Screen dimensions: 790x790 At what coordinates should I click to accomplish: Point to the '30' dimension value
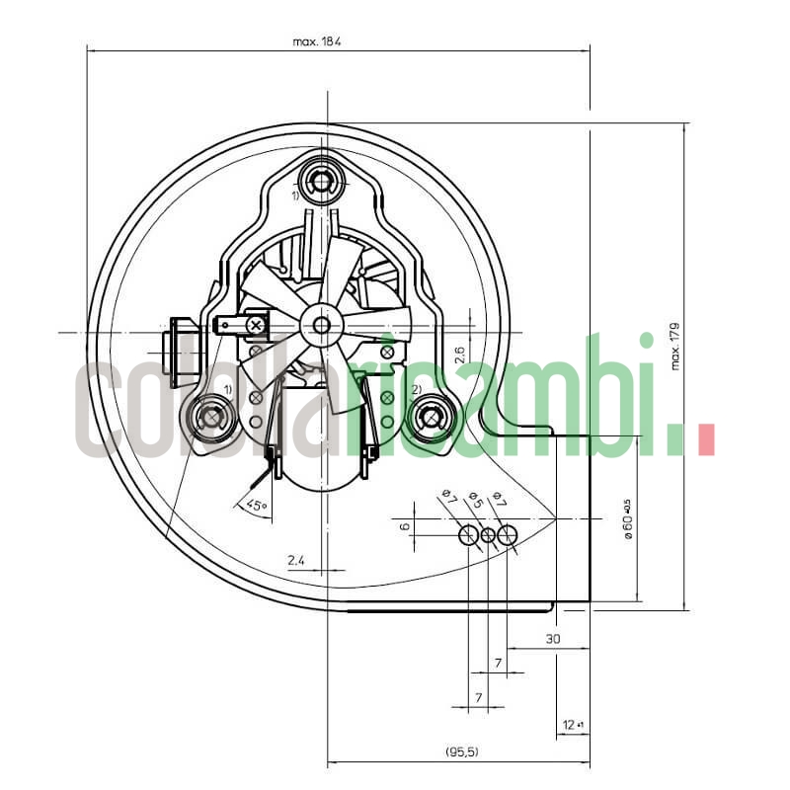pyautogui.click(x=553, y=640)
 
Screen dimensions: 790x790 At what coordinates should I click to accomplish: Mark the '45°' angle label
pyautogui.click(x=256, y=506)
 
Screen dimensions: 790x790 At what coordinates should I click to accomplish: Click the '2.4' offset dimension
pyautogui.click(x=295, y=561)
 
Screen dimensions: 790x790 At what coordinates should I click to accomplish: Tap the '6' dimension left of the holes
pyautogui.click(x=403, y=526)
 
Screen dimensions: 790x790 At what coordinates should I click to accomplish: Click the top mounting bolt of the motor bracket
pyautogui.click(x=321, y=181)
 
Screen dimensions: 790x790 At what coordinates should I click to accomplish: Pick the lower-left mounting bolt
pyautogui.click(x=212, y=416)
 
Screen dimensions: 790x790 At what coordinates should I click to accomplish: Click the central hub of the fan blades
pyautogui.click(x=321, y=324)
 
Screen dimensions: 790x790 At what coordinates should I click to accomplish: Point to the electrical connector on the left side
pyautogui.click(x=182, y=351)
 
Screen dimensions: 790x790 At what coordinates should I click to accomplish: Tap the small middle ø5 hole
pyautogui.click(x=488, y=536)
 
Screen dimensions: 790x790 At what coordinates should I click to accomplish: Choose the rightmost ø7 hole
pyautogui.click(x=508, y=536)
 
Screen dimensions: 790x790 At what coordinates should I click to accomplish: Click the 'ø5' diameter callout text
pyautogui.click(x=475, y=500)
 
